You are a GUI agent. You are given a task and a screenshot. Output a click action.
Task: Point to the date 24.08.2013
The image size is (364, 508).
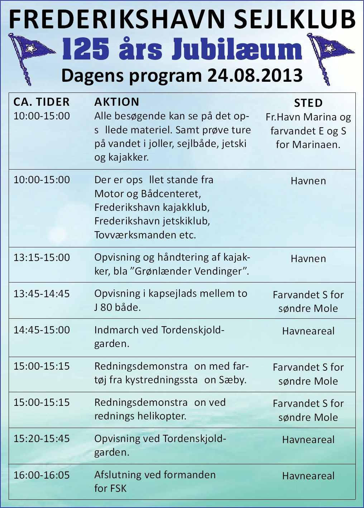(255, 76)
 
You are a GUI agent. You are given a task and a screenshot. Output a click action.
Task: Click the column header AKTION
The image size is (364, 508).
(116, 102)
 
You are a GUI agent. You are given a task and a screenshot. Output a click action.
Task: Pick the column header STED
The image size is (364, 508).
(308, 103)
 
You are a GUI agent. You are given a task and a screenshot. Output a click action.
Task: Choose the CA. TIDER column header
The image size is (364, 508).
(42, 102)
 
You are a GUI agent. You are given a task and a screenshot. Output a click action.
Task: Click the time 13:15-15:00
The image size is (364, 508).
(42, 258)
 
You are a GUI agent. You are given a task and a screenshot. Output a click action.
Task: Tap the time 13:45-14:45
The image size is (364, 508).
(42, 294)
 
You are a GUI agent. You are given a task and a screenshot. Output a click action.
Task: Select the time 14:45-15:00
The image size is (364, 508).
(42, 330)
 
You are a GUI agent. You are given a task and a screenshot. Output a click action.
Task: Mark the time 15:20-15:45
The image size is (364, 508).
(42, 439)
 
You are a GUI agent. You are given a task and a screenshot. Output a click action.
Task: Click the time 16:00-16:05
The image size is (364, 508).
(42, 475)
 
